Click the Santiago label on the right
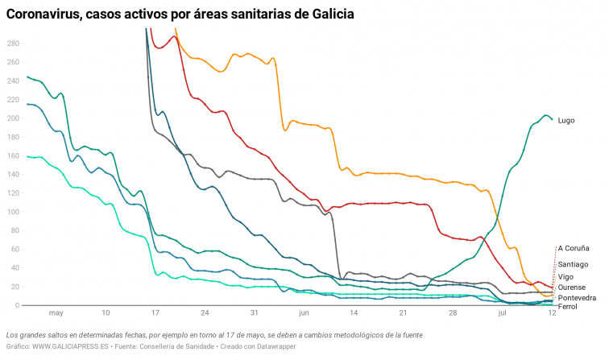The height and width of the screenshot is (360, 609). (573, 264)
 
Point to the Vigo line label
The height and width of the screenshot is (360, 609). (565, 277)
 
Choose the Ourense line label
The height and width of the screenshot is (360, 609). (571, 288)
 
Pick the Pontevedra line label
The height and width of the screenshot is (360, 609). (577, 298)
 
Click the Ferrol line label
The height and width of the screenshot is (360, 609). (567, 307)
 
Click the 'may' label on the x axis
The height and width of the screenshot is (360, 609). (56, 313)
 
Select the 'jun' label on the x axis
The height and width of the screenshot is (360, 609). (304, 313)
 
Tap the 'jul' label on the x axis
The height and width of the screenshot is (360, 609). (502, 313)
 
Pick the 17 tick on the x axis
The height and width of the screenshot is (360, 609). (155, 313)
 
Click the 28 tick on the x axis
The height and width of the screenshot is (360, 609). (453, 313)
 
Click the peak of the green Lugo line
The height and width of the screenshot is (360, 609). (545, 115)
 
